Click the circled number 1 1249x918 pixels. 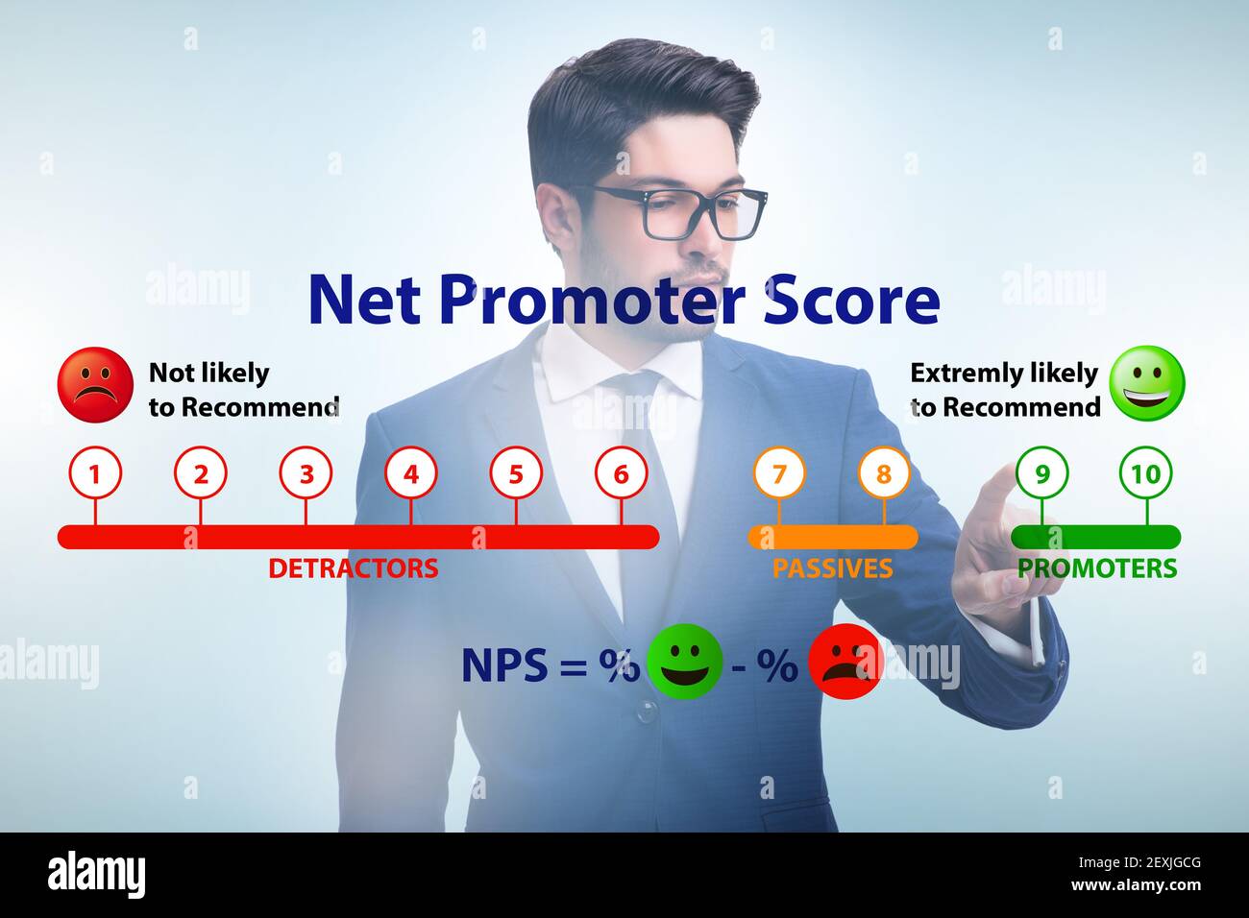(94, 473)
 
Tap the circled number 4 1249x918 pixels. (411, 473)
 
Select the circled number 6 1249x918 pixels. (621, 473)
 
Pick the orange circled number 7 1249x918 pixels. (779, 473)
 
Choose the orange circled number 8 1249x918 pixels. (884, 473)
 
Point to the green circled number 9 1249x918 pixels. (1042, 473)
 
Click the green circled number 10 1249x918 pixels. (1146, 473)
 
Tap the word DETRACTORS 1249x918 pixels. (353, 568)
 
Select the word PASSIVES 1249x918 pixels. (832, 568)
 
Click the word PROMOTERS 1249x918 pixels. (1097, 568)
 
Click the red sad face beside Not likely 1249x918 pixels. (95, 384)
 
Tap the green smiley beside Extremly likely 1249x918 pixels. (1147, 383)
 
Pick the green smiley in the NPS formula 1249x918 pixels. (684, 662)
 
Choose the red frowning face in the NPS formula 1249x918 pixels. (845, 662)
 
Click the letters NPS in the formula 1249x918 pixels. (504, 664)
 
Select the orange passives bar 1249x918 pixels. (832, 536)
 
